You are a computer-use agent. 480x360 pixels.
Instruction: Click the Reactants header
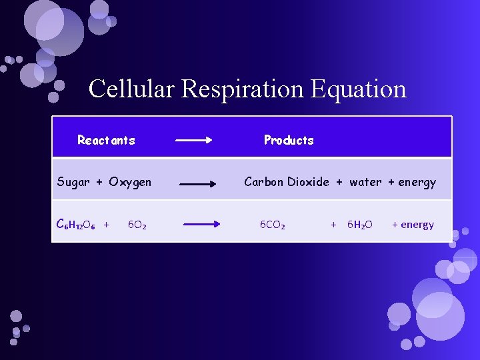click(106, 140)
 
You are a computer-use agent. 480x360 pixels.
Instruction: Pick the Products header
click(289, 140)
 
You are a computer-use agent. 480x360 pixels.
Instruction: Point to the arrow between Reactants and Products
click(193, 140)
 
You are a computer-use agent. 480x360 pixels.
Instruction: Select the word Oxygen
click(130, 182)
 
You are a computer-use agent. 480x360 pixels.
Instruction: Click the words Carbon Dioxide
click(286, 182)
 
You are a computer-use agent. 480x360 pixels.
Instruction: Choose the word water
click(365, 182)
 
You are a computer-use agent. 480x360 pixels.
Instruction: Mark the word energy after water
click(417, 182)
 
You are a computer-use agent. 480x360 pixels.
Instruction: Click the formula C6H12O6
click(76, 225)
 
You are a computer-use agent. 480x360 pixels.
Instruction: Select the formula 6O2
click(137, 225)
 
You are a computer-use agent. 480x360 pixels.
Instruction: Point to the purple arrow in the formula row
click(201, 225)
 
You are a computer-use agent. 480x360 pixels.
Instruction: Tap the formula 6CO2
click(273, 225)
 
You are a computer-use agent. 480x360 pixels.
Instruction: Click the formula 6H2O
click(360, 225)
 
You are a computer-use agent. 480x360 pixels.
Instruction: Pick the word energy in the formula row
click(417, 225)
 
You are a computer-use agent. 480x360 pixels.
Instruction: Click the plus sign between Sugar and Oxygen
click(99, 182)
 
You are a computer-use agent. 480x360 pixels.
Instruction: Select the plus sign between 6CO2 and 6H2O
click(333, 225)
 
